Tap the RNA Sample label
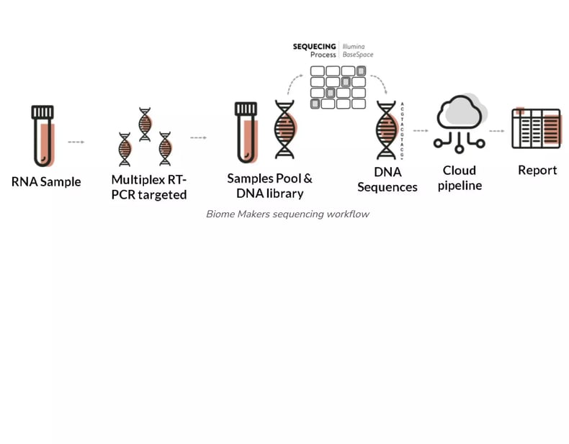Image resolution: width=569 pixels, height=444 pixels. (46, 182)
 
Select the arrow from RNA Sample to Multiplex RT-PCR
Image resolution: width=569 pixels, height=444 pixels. (76, 142)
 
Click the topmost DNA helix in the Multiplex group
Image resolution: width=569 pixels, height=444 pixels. (145, 124)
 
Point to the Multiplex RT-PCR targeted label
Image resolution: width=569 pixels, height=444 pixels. (149, 187)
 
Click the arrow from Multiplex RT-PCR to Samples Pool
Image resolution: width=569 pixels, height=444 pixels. (198, 137)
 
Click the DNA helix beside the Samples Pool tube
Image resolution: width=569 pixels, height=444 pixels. (284, 130)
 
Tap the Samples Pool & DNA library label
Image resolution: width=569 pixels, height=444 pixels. (269, 186)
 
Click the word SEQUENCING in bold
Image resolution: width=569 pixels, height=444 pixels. (314, 47)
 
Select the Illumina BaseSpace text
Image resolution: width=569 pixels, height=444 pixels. (358, 50)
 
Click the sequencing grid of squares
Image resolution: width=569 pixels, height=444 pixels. (338, 86)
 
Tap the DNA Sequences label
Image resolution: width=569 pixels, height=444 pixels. (387, 180)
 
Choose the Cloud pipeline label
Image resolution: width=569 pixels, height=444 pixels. (460, 178)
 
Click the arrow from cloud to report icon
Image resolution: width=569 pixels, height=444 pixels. (496, 131)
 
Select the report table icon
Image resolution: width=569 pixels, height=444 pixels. (535, 129)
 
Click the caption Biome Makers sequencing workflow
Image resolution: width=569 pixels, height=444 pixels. (287, 214)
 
